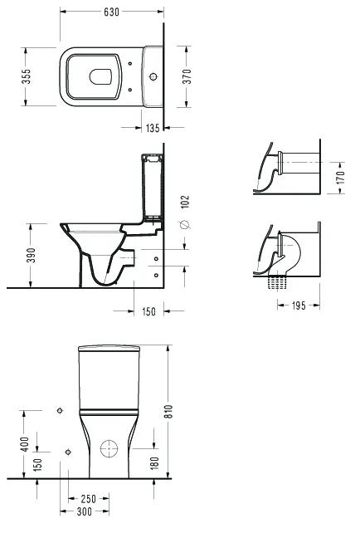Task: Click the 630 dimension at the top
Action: (111, 12)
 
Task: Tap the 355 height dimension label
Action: (26, 76)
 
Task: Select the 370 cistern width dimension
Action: (187, 76)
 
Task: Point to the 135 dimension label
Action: (153, 128)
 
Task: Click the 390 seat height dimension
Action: (31, 255)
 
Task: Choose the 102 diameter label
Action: (185, 203)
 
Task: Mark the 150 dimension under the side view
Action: (148, 311)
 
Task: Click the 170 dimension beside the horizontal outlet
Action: (340, 178)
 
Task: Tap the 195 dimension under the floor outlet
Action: (299, 306)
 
